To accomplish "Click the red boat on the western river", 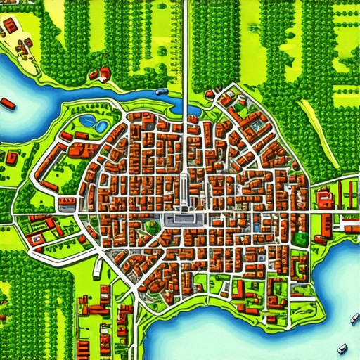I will point(8,105).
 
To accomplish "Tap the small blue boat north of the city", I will point(162,91).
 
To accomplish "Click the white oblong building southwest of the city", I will point(98,268).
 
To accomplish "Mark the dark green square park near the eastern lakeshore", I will point(300,238).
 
